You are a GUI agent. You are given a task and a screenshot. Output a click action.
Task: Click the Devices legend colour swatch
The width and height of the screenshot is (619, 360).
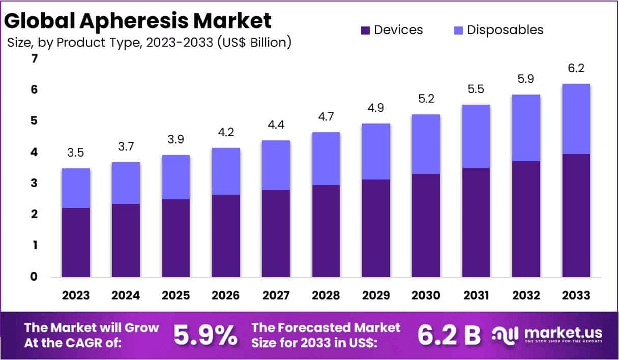point(366,30)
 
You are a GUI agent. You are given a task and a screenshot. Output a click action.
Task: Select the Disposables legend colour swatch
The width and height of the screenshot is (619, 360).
point(458,30)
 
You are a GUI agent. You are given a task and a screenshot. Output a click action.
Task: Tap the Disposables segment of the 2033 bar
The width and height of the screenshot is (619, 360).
point(576,119)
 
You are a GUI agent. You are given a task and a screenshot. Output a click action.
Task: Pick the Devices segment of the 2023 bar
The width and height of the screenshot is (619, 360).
point(76,243)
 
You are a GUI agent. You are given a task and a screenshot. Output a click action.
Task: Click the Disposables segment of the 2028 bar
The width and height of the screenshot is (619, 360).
point(326,159)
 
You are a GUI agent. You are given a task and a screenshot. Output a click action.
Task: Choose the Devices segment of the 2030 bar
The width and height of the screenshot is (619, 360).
point(426,226)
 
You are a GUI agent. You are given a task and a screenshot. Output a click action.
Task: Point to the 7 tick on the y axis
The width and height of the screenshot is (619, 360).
point(34,58)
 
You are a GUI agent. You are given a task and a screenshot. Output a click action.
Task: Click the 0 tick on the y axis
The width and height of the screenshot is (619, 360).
point(34,277)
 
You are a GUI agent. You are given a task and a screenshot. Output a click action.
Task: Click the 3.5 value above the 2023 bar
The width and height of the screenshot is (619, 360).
point(76,153)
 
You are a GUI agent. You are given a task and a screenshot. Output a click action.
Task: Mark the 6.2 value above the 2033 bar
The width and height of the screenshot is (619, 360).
point(576,69)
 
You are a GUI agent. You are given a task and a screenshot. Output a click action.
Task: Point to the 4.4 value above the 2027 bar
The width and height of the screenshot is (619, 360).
point(276,125)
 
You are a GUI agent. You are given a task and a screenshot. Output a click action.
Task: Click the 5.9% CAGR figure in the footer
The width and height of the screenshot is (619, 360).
point(205,335)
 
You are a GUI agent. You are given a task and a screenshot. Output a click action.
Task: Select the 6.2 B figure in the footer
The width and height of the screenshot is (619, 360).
point(449,335)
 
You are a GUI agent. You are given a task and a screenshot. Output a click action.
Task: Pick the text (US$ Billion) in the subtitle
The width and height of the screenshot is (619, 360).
point(254,43)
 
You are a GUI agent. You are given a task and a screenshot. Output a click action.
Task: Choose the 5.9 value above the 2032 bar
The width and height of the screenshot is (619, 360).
point(526,79)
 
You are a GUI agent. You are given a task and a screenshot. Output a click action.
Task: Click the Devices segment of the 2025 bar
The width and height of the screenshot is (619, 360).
point(176,238)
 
